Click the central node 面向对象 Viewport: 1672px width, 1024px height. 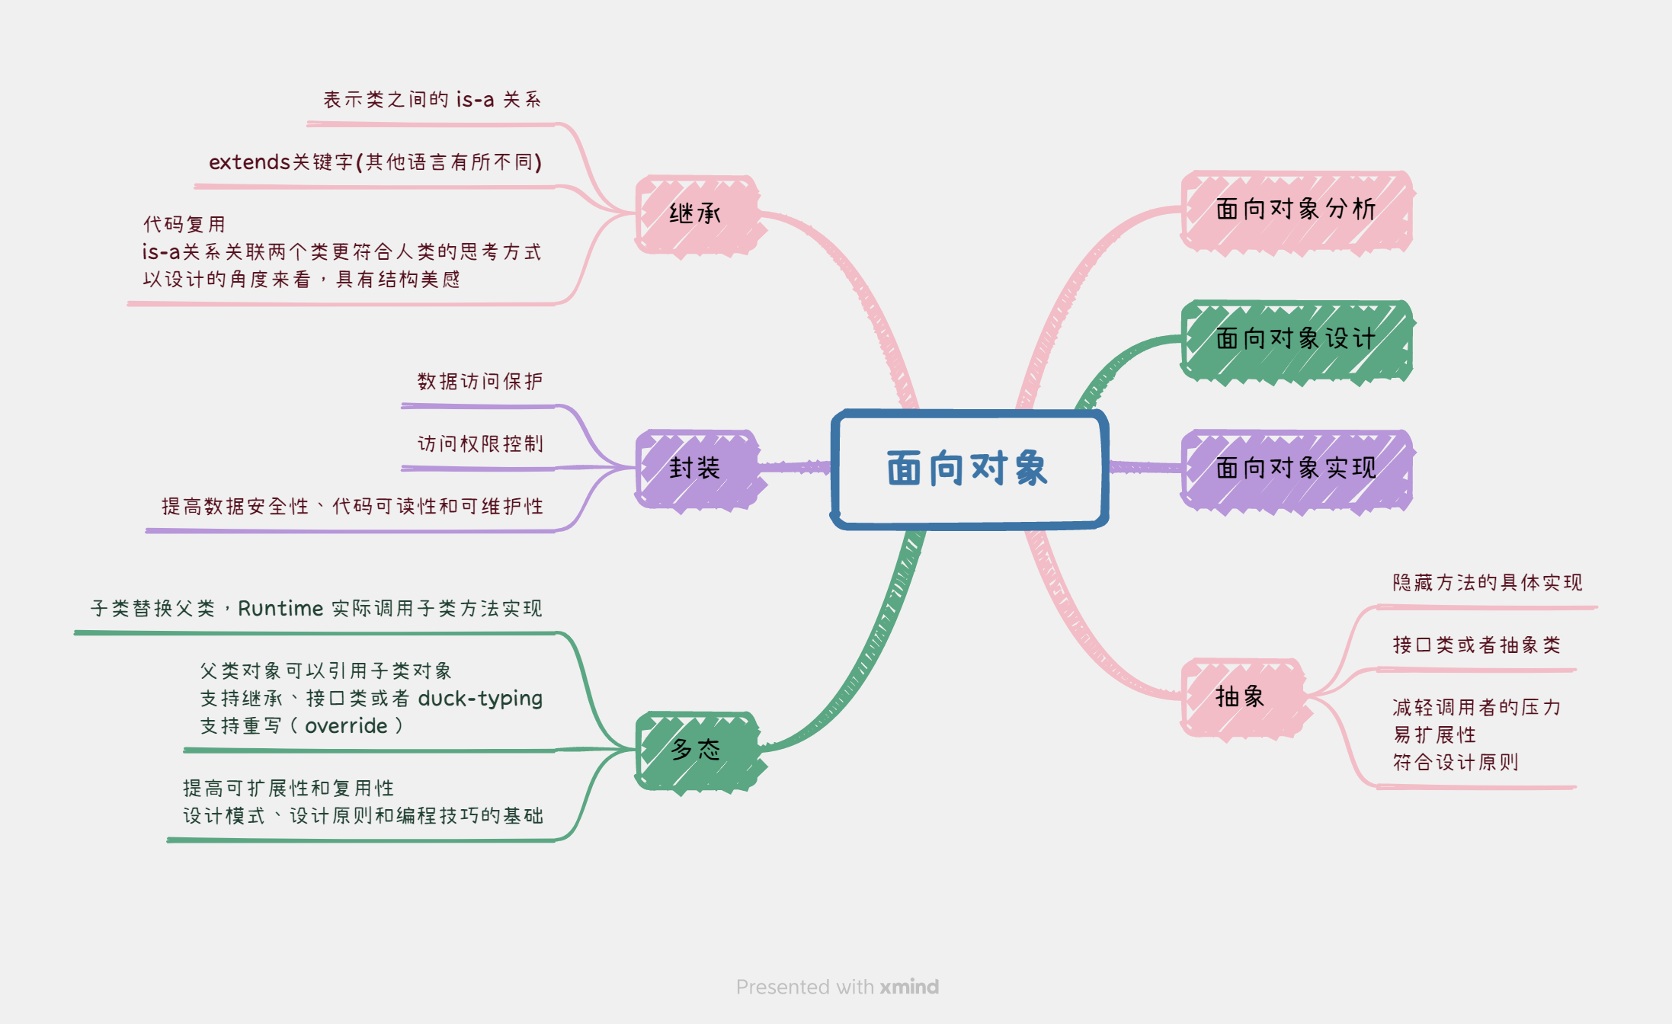click(x=968, y=468)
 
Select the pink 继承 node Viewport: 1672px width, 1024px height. click(x=696, y=214)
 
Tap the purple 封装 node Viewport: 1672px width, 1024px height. click(x=696, y=468)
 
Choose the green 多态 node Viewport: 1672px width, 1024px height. click(x=696, y=750)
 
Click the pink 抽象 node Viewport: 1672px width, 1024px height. click(x=1241, y=696)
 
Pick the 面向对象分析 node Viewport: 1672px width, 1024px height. click(x=1296, y=210)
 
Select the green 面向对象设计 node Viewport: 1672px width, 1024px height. click(x=1296, y=338)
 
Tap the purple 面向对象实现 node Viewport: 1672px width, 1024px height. click(x=1296, y=468)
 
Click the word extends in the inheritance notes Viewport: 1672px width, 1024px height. click(x=249, y=162)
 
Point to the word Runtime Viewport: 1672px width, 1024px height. click(x=280, y=608)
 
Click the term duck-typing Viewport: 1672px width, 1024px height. click(x=480, y=699)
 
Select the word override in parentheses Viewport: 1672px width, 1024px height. click(x=346, y=726)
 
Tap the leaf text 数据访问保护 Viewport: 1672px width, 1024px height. click(x=480, y=381)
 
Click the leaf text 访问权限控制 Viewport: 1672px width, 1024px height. click(x=480, y=443)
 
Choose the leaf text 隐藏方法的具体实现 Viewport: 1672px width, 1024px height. click(x=1487, y=583)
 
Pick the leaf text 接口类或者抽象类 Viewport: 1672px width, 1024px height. click(x=1476, y=645)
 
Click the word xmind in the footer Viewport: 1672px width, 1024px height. click(x=909, y=987)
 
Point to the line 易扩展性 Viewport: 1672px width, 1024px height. click(x=1434, y=735)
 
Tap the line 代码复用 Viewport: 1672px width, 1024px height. click(x=184, y=225)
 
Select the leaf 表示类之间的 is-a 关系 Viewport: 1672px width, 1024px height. click(x=432, y=100)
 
